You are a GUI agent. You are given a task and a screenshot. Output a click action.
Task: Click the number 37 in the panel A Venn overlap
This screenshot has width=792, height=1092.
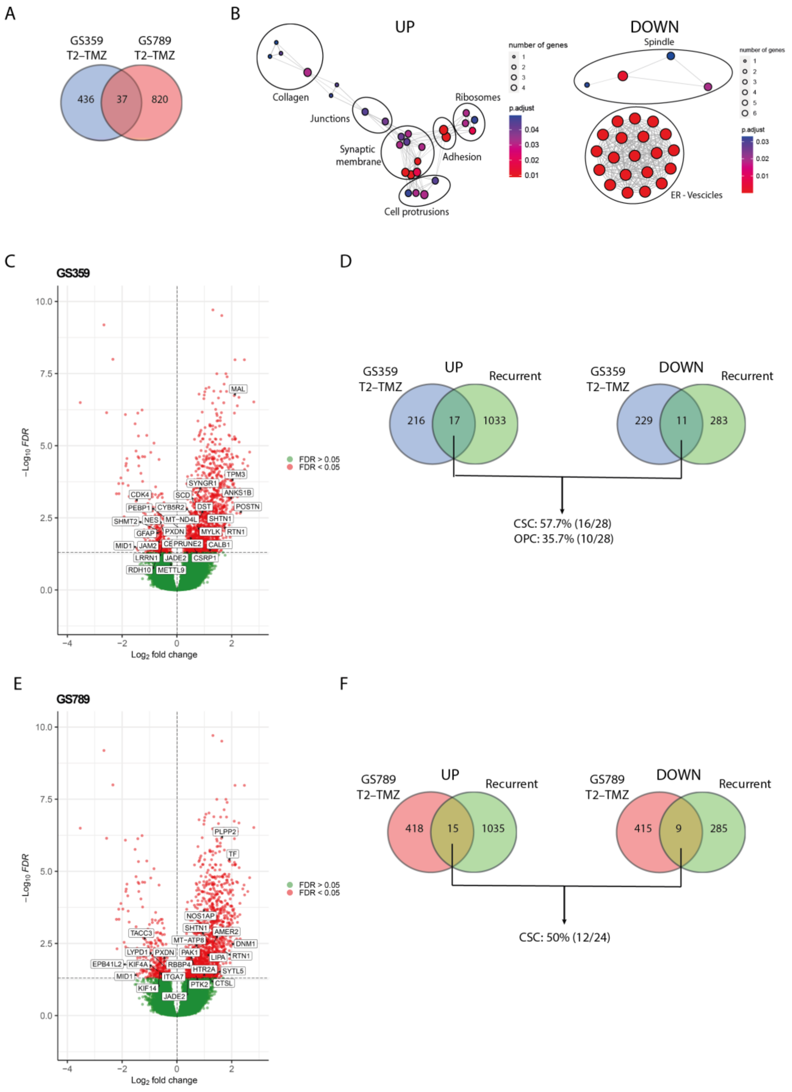(122, 99)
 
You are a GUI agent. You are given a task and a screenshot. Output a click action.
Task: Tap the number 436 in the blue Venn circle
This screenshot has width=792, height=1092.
(86, 99)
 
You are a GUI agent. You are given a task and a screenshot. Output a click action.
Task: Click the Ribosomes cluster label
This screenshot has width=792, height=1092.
(478, 97)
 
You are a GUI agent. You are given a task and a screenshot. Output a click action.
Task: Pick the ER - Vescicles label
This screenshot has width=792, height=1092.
(696, 195)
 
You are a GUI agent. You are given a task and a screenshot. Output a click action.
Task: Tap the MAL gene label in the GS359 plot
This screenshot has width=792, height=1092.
(238, 389)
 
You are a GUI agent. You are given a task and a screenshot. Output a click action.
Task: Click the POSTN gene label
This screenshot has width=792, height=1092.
(248, 507)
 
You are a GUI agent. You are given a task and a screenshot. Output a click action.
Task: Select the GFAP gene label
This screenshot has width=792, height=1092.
(145, 534)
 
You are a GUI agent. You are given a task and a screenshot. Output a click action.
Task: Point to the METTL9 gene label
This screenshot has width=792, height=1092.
(171, 570)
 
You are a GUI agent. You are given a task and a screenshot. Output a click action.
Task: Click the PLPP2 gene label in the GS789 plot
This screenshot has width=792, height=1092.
(225, 831)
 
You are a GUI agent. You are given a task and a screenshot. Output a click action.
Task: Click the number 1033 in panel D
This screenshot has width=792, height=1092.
(494, 420)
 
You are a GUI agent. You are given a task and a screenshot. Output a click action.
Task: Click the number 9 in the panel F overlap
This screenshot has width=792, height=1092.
(678, 828)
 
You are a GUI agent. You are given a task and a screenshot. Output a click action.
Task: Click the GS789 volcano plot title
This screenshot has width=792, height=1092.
(73, 699)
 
